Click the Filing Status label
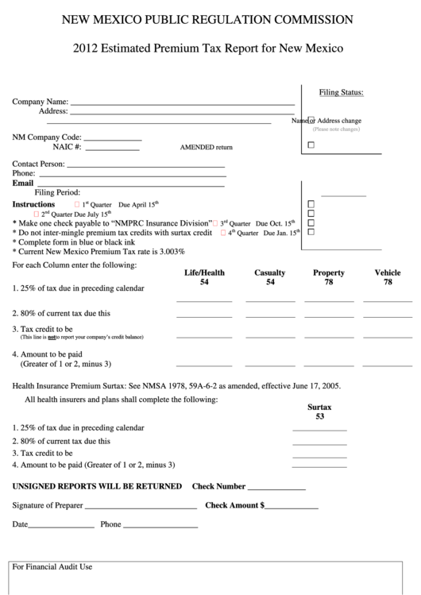click(x=341, y=92)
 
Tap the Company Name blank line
click(x=182, y=103)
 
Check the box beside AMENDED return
click(x=311, y=145)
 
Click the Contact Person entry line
click(x=145, y=165)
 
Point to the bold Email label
click(x=23, y=183)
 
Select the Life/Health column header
click(x=204, y=272)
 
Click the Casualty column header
click(x=270, y=272)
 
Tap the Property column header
click(x=329, y=272)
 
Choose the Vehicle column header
click(x=388, y=272)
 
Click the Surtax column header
click(x=319, y=407)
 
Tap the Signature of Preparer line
click(x=141, y=507)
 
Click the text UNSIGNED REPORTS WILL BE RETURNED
click(x=97, y=486)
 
